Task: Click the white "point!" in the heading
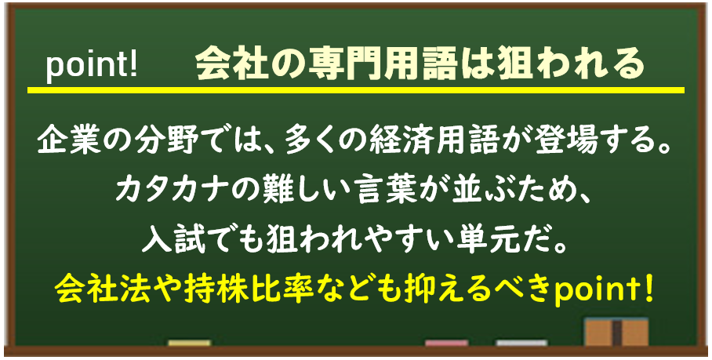coord(91,67)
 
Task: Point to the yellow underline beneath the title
coord(355,90)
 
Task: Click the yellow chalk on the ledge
coord(189,344)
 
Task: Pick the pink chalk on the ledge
coord(446,344)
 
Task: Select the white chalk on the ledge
coord(521,344)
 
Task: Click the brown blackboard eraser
coord(616,333)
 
